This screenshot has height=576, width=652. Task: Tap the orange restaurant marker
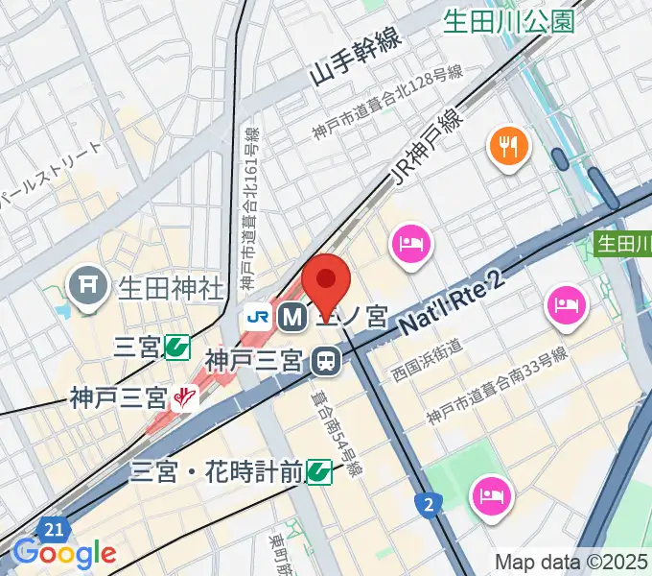pos(508,147)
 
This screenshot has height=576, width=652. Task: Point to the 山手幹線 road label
pos(354,60)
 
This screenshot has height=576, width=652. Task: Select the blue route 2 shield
pos(429,503)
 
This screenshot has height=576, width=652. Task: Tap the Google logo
pos(64,552)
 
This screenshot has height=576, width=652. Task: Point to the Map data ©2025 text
pos(571,562)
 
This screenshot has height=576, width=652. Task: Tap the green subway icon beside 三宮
pos(175,346)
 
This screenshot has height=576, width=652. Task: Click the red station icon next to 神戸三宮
pos(182,396)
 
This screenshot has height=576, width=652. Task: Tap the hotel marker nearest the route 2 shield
pos(491,496)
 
